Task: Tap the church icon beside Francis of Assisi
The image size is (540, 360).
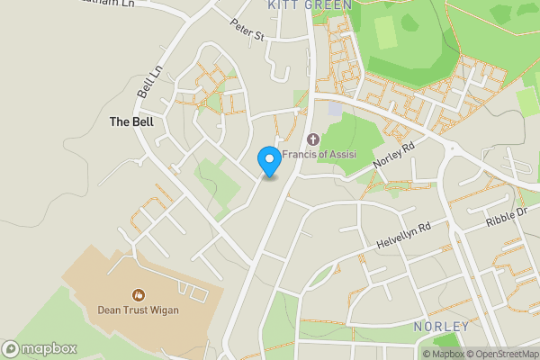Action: (313, 139)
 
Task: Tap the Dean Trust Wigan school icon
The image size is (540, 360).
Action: (139, 294)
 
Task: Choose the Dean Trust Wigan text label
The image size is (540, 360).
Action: (139, 311)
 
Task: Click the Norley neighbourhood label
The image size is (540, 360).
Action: (441, 326)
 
